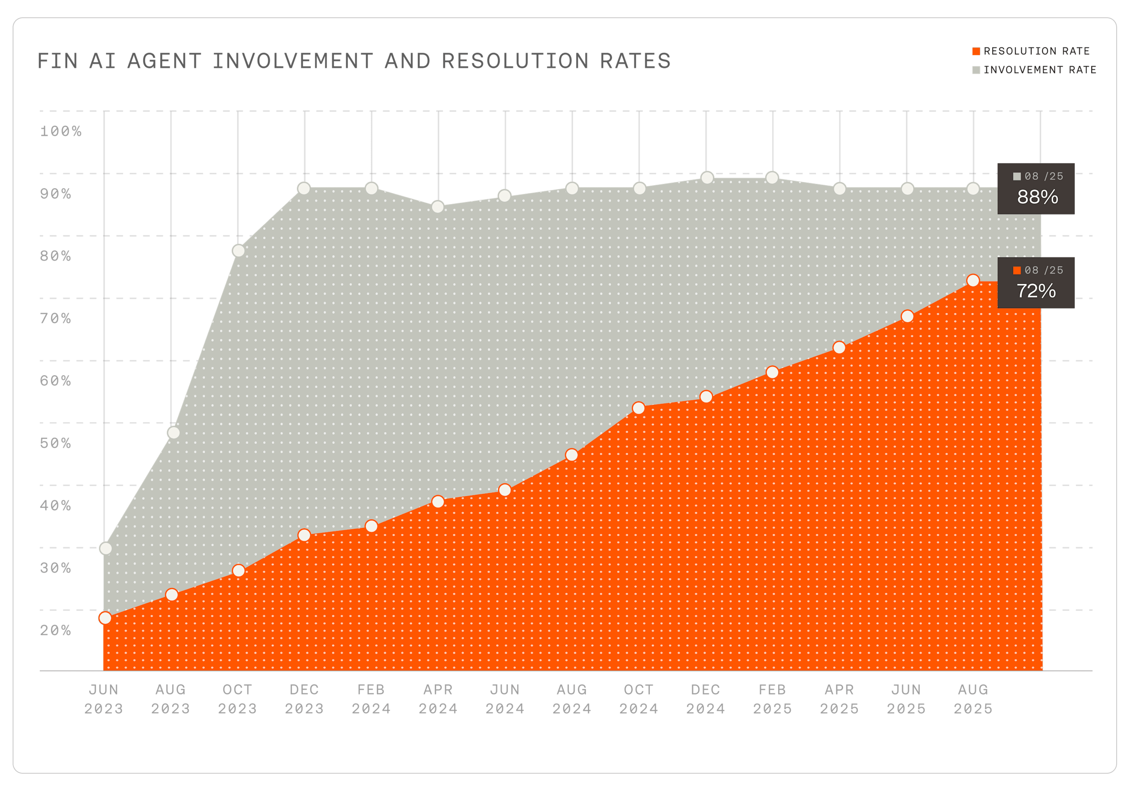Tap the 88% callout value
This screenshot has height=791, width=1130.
[x=1037, y=197]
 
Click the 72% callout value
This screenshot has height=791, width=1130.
[x=1036, y=291]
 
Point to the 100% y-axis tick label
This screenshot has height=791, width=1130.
[x=60, y=131]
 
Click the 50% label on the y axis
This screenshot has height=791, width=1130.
[x=55, y=443]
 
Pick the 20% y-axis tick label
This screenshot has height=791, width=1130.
[x=55, y=630]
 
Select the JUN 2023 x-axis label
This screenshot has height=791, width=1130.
[x=103, y=698]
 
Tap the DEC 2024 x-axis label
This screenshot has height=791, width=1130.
[x=705, y=698]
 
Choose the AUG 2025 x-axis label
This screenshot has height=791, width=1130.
[x=972, y=698]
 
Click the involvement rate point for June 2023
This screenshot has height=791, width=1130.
[x=105, y=548]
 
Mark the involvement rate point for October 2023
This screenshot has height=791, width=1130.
[x=238, y=251]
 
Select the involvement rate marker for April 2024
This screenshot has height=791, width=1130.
[x=437, y=206]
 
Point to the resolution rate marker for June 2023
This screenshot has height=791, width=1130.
[x=105, y=618]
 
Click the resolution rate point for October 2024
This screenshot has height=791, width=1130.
[x=638, y=407]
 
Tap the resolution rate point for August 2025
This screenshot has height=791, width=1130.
[x=972, y=280]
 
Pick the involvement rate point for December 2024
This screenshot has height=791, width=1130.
[x=707, y=177]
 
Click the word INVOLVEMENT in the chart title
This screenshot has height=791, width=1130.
[x=292, y=61]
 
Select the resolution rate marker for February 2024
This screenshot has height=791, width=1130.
[x=372, y=526]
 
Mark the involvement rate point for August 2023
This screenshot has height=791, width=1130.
[x=173, y=432]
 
